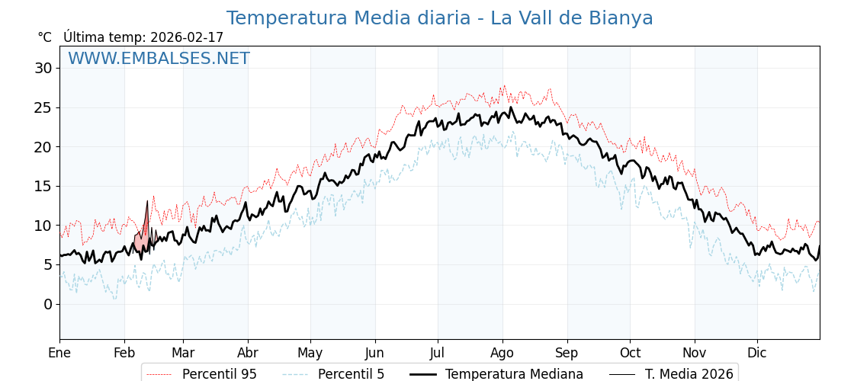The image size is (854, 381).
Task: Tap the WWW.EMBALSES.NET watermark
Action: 159,59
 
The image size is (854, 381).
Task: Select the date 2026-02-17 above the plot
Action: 187,37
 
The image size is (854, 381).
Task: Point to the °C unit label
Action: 44,37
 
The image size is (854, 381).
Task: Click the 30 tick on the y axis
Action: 43,68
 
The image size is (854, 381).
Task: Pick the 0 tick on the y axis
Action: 48,304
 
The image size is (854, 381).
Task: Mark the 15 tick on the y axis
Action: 43,186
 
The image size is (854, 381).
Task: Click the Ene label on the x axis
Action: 59,353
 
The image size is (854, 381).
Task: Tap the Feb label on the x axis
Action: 124,353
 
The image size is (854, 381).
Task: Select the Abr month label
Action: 248,353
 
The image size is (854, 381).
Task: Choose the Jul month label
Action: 438,353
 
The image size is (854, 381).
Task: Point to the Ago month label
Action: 502,353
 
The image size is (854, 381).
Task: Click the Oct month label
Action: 630,353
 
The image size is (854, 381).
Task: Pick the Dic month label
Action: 757,353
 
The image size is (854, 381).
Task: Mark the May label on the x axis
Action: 310,353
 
